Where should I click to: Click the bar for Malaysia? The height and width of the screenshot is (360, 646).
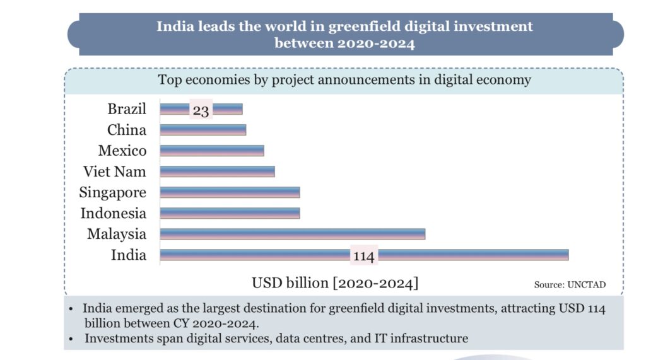(292, 234)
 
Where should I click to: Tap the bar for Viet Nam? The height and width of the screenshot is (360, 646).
(217, 171)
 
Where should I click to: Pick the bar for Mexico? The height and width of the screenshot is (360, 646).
(211, 151)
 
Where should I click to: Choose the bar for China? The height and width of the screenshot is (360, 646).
(203, 130)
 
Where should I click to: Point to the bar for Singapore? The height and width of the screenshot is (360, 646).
(230, 192)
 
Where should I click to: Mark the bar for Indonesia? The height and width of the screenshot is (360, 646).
(230, 213)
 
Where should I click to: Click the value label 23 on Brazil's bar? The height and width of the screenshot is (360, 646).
(201, 110)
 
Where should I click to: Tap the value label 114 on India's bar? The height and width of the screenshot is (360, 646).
(363, 256)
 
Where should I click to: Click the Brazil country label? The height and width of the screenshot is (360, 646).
(126, 109)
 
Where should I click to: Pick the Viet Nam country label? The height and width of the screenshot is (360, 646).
(114, 171)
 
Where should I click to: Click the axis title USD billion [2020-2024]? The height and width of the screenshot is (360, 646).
(335, 282)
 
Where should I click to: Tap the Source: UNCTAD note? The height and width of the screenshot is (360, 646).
(570, 285)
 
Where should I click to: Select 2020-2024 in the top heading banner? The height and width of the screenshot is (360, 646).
(376, 44)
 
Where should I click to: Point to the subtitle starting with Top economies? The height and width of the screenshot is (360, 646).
(344, 80)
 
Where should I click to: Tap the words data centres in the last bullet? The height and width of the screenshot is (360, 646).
(319, 338)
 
